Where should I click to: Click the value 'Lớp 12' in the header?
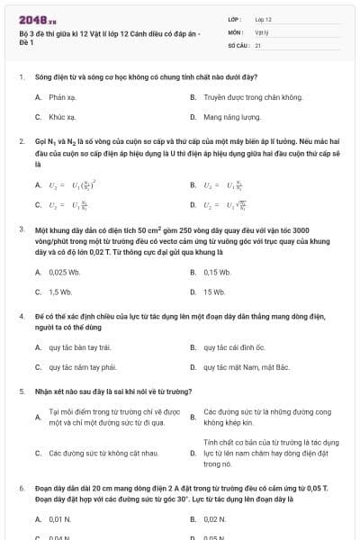tap(263, 19)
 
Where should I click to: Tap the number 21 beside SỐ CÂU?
tap(258, 44)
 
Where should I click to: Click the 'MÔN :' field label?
tap(236, 31)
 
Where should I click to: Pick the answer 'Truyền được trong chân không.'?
tap(253, 95)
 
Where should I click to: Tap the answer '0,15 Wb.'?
tap(218, 272)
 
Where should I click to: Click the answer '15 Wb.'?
tap(214, 292)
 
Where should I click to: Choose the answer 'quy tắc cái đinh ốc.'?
tap(234, 346)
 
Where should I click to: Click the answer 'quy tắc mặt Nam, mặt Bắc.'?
tap(247, 367)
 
